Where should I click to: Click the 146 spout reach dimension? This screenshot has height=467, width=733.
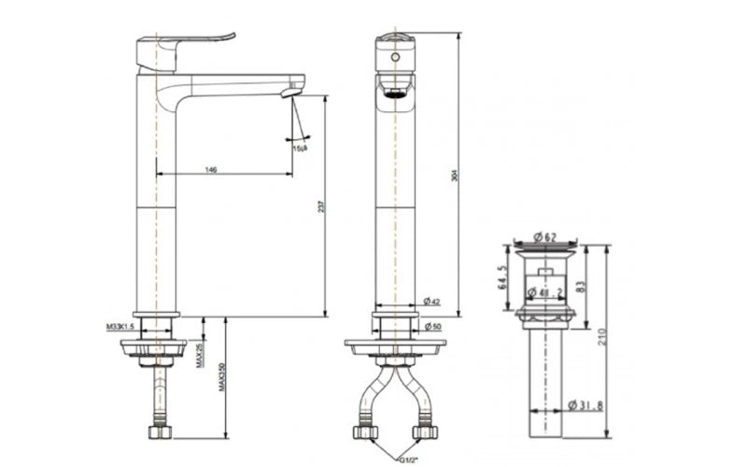point(211,169)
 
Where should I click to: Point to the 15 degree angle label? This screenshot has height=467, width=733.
point(300,148)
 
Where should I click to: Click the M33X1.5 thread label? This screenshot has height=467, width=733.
point(120,327)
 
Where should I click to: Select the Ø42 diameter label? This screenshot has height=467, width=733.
point(432,301)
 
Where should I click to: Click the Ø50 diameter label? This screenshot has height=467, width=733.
point(432,327)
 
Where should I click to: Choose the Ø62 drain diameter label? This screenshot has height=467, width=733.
point(545,237)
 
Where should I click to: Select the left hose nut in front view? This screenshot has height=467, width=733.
point(363,433)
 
